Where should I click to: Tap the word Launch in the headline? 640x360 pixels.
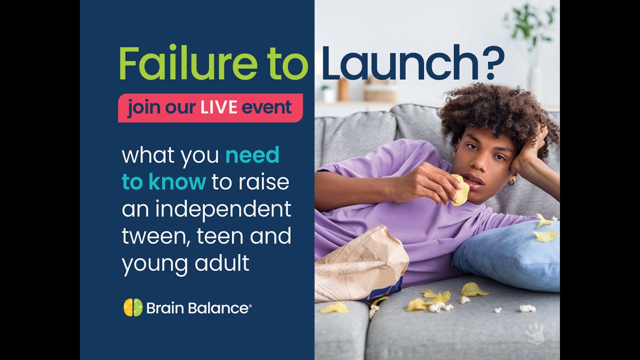tap(395, 63)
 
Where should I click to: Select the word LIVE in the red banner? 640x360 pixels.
tap(218, 107)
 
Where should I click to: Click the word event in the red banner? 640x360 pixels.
tap(267, 108)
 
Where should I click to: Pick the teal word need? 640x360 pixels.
tap(252, 155)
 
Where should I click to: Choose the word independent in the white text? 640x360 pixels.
tap(223, 209)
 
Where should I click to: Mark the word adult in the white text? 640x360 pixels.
tap(227, 263)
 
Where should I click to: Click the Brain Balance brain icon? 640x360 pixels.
tap(133, 307)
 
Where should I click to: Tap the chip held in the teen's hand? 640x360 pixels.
tap(460, 190)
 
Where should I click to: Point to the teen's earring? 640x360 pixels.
tap(511, 183)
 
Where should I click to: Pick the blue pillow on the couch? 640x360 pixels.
tap(510, 255)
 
